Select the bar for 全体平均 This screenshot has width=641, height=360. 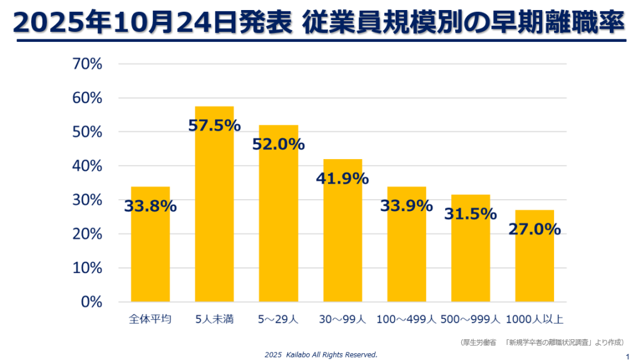tap(150, 250)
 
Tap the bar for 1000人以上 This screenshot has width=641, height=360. tap(535, 263)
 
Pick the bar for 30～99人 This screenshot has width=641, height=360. tap(342, 238)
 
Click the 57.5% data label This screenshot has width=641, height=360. tap(214, 125)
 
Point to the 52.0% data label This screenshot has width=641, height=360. tap(279, 144)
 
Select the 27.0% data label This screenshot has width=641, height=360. tap(535, 229)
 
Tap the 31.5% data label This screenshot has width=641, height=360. tap(471, 213)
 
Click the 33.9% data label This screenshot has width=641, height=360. tap(406, 205)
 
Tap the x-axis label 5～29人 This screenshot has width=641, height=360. tap(279, 319)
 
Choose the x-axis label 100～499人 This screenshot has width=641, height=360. tap(406, 319)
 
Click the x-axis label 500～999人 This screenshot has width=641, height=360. tap(471, 319)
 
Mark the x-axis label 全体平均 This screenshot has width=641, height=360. tap(150, 319)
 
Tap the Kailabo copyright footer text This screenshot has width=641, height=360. tap(320, 354)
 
